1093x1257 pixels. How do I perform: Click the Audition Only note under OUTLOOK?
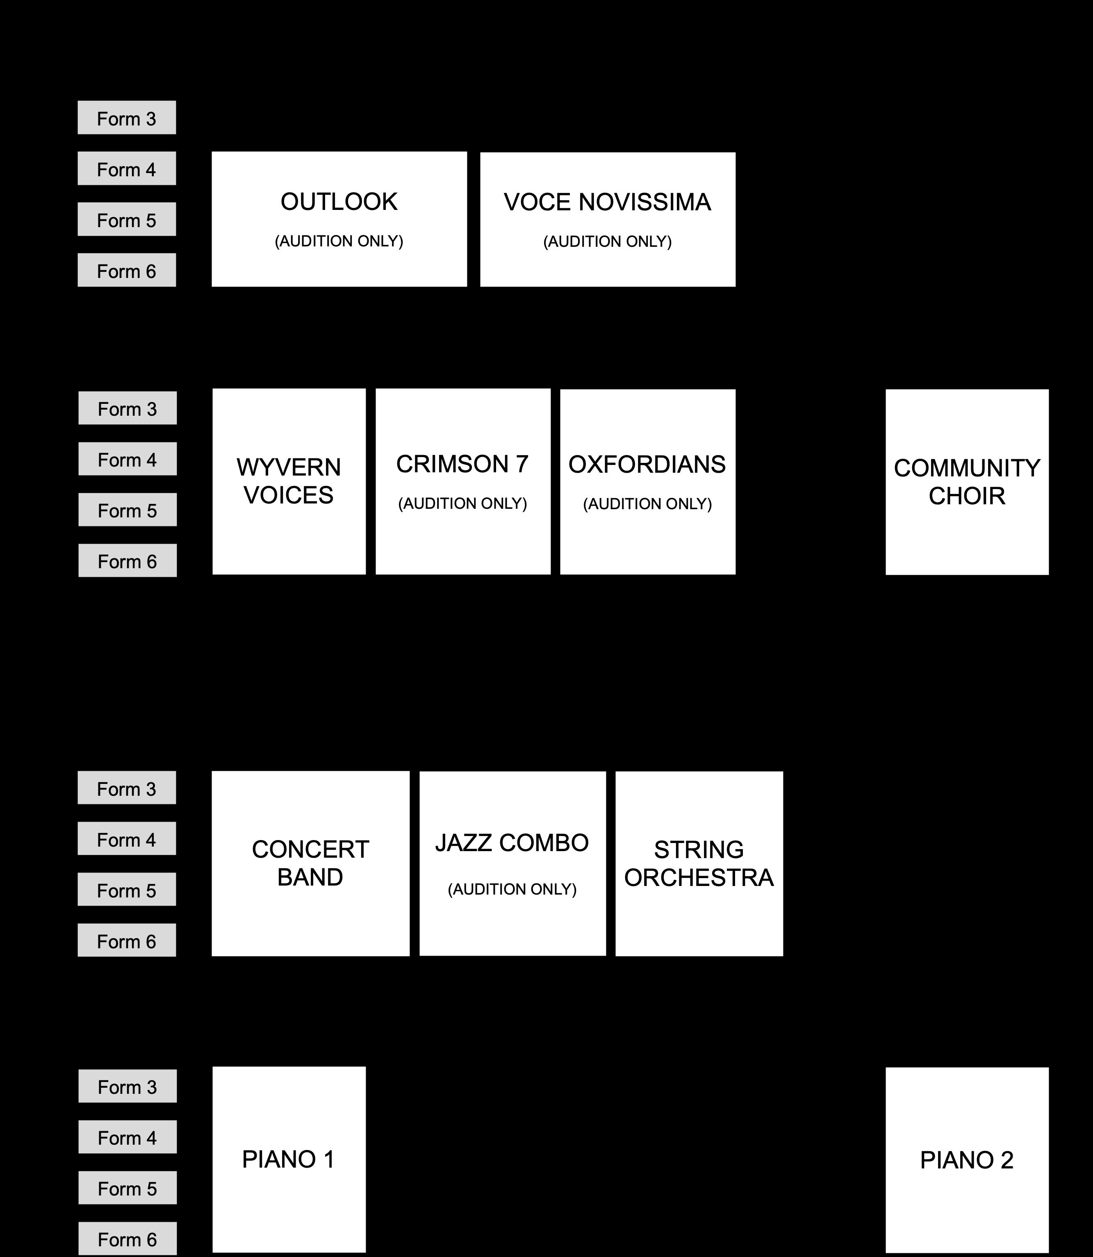tap(339, 241)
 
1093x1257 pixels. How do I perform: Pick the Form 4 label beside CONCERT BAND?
tap(127, 840)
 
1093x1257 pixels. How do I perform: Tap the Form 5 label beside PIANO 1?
tap(128, 1189)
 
